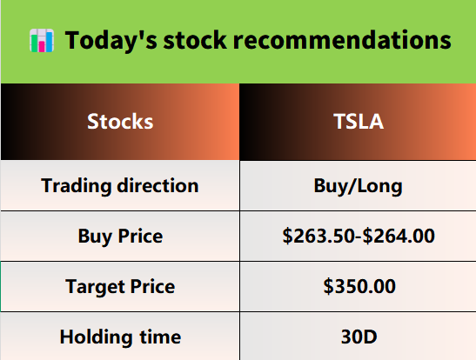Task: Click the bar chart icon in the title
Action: click(x=42, y=40)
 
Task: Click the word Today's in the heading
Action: click(x=111, y=40)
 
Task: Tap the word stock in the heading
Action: click(x=195, y=40)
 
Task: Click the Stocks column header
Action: click(x=120, y=122)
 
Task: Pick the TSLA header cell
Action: click(x=359, y=122)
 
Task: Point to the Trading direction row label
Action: click(x=120, y=185)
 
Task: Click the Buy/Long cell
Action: click(x=359, y=186)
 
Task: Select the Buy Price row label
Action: click(x=120, y=237)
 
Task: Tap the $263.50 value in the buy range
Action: click(x=318, y=236)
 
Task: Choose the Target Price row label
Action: click(x=120, y=287)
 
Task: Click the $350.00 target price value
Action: click(x=359, y=286)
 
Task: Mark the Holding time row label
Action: click(x=120, y=337)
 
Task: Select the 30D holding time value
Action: click(x=359, y=337)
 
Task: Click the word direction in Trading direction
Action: click(x=158, y=185)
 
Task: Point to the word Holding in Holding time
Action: click(x=96, y=337)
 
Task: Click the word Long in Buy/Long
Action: click(x=379, y=186)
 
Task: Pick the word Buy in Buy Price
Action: click(x=95, y=237)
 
